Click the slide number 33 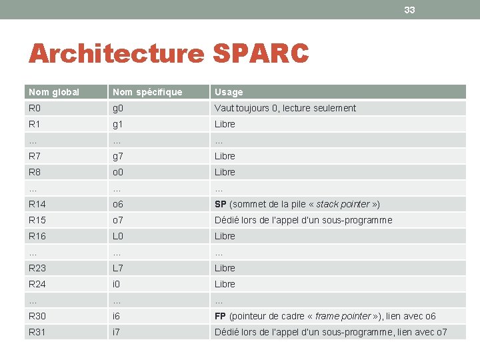tap(409, 10)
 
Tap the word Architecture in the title tap(115, 54)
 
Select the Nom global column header tap(54, 92)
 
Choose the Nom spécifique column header tap(147, 92)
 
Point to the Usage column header tap(229, 92)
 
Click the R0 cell tap(35, 108)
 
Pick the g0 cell tap(118, 108)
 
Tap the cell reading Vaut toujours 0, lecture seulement tap(285, 108)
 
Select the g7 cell tap(118, 156)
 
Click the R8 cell tap(35, 172)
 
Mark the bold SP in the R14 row tap(220, 204)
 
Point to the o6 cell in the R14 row tap(118, 204)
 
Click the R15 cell tap(37, 220)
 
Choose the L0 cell tap(118, 236)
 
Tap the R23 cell tap(37, 268)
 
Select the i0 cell tap(117, 284)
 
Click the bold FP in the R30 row tap(220, 316)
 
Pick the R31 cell tap(37, 332)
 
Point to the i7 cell tap(117, 332)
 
